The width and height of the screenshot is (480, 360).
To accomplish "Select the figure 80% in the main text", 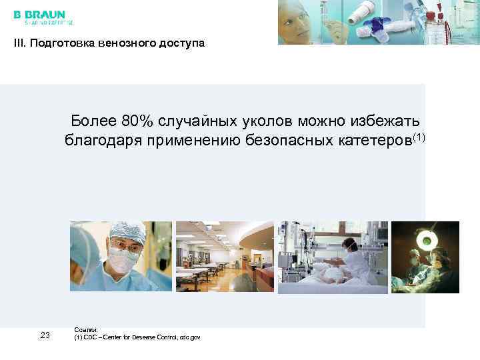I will point(137,121).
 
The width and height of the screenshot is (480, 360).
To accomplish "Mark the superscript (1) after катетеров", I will point(419,137).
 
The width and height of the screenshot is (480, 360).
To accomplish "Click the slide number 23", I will point(45,335).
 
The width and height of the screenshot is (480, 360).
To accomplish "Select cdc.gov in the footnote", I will point(189,337).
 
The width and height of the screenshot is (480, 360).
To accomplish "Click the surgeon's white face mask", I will point(124,261).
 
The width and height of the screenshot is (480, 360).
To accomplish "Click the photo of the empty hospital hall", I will point(224,257).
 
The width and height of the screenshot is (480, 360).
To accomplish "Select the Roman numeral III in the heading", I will point(18,44).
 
